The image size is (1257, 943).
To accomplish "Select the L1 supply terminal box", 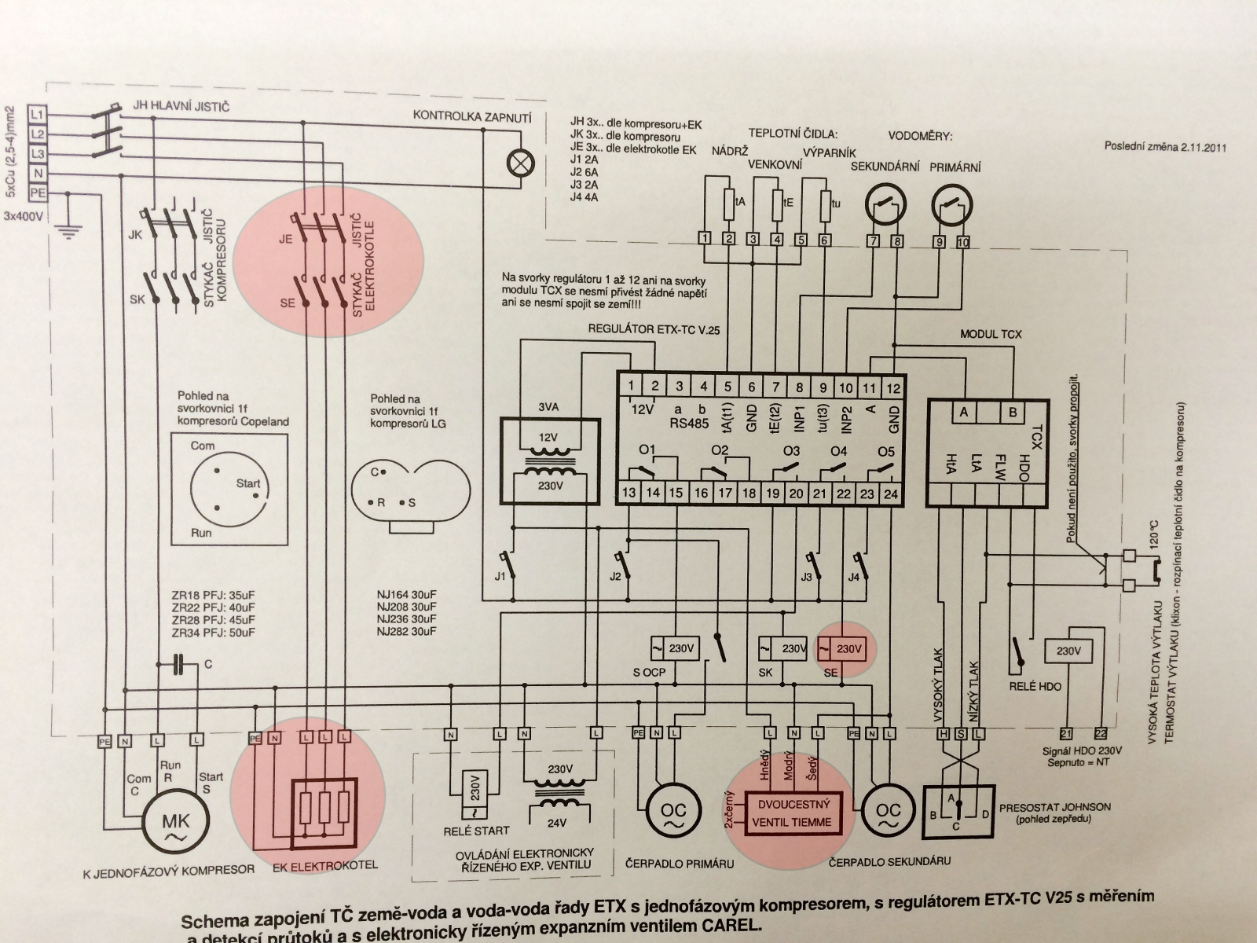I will (37, 113).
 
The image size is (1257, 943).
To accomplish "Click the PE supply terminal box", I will (37, 193).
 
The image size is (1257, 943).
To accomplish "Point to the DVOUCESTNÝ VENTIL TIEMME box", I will (793, 813).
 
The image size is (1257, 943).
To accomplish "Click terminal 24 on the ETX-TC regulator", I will (890, 494).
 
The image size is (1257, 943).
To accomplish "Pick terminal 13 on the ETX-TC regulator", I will (629, 494).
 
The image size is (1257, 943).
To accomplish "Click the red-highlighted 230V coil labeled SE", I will (841, 649).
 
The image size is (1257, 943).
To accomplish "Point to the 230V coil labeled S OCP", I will (674, 649).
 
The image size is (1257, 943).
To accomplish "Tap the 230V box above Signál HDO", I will (1068, 651).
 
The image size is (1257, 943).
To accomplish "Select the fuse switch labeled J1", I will (511, 564).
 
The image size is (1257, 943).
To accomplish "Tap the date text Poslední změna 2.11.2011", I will (1165, 147).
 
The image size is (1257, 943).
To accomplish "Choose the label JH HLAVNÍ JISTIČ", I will (181, 106).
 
